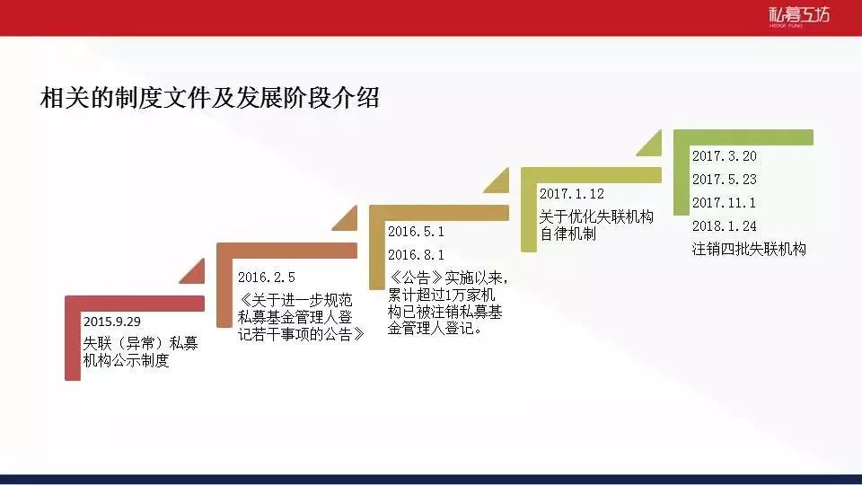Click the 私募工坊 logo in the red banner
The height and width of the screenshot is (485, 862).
[799, 16]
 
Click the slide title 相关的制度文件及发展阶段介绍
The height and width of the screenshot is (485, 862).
[209, 98]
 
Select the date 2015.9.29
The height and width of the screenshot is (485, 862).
[111, 322]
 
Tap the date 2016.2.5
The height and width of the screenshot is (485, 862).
[266, 278]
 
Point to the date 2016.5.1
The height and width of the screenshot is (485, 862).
[416, 232]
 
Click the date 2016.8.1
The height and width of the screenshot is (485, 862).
[416, 254]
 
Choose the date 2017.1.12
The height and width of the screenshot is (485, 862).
[571, 194]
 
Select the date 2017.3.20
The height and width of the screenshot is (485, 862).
[724, 156]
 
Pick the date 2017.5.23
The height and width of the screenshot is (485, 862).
[724, 180]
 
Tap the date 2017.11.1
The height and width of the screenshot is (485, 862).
[724, 203]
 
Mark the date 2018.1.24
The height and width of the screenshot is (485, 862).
[724, 226]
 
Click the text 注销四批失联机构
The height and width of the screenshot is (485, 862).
[749, 249]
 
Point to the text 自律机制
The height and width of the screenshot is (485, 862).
[567, 234]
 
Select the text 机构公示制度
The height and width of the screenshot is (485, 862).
[126, 361]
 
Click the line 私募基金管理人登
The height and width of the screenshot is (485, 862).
[295, 317]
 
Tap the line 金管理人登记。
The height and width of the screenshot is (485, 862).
[435, 329]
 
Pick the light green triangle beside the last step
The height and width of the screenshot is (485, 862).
[653, 146]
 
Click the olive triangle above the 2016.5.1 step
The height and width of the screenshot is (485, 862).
[500, 183]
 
